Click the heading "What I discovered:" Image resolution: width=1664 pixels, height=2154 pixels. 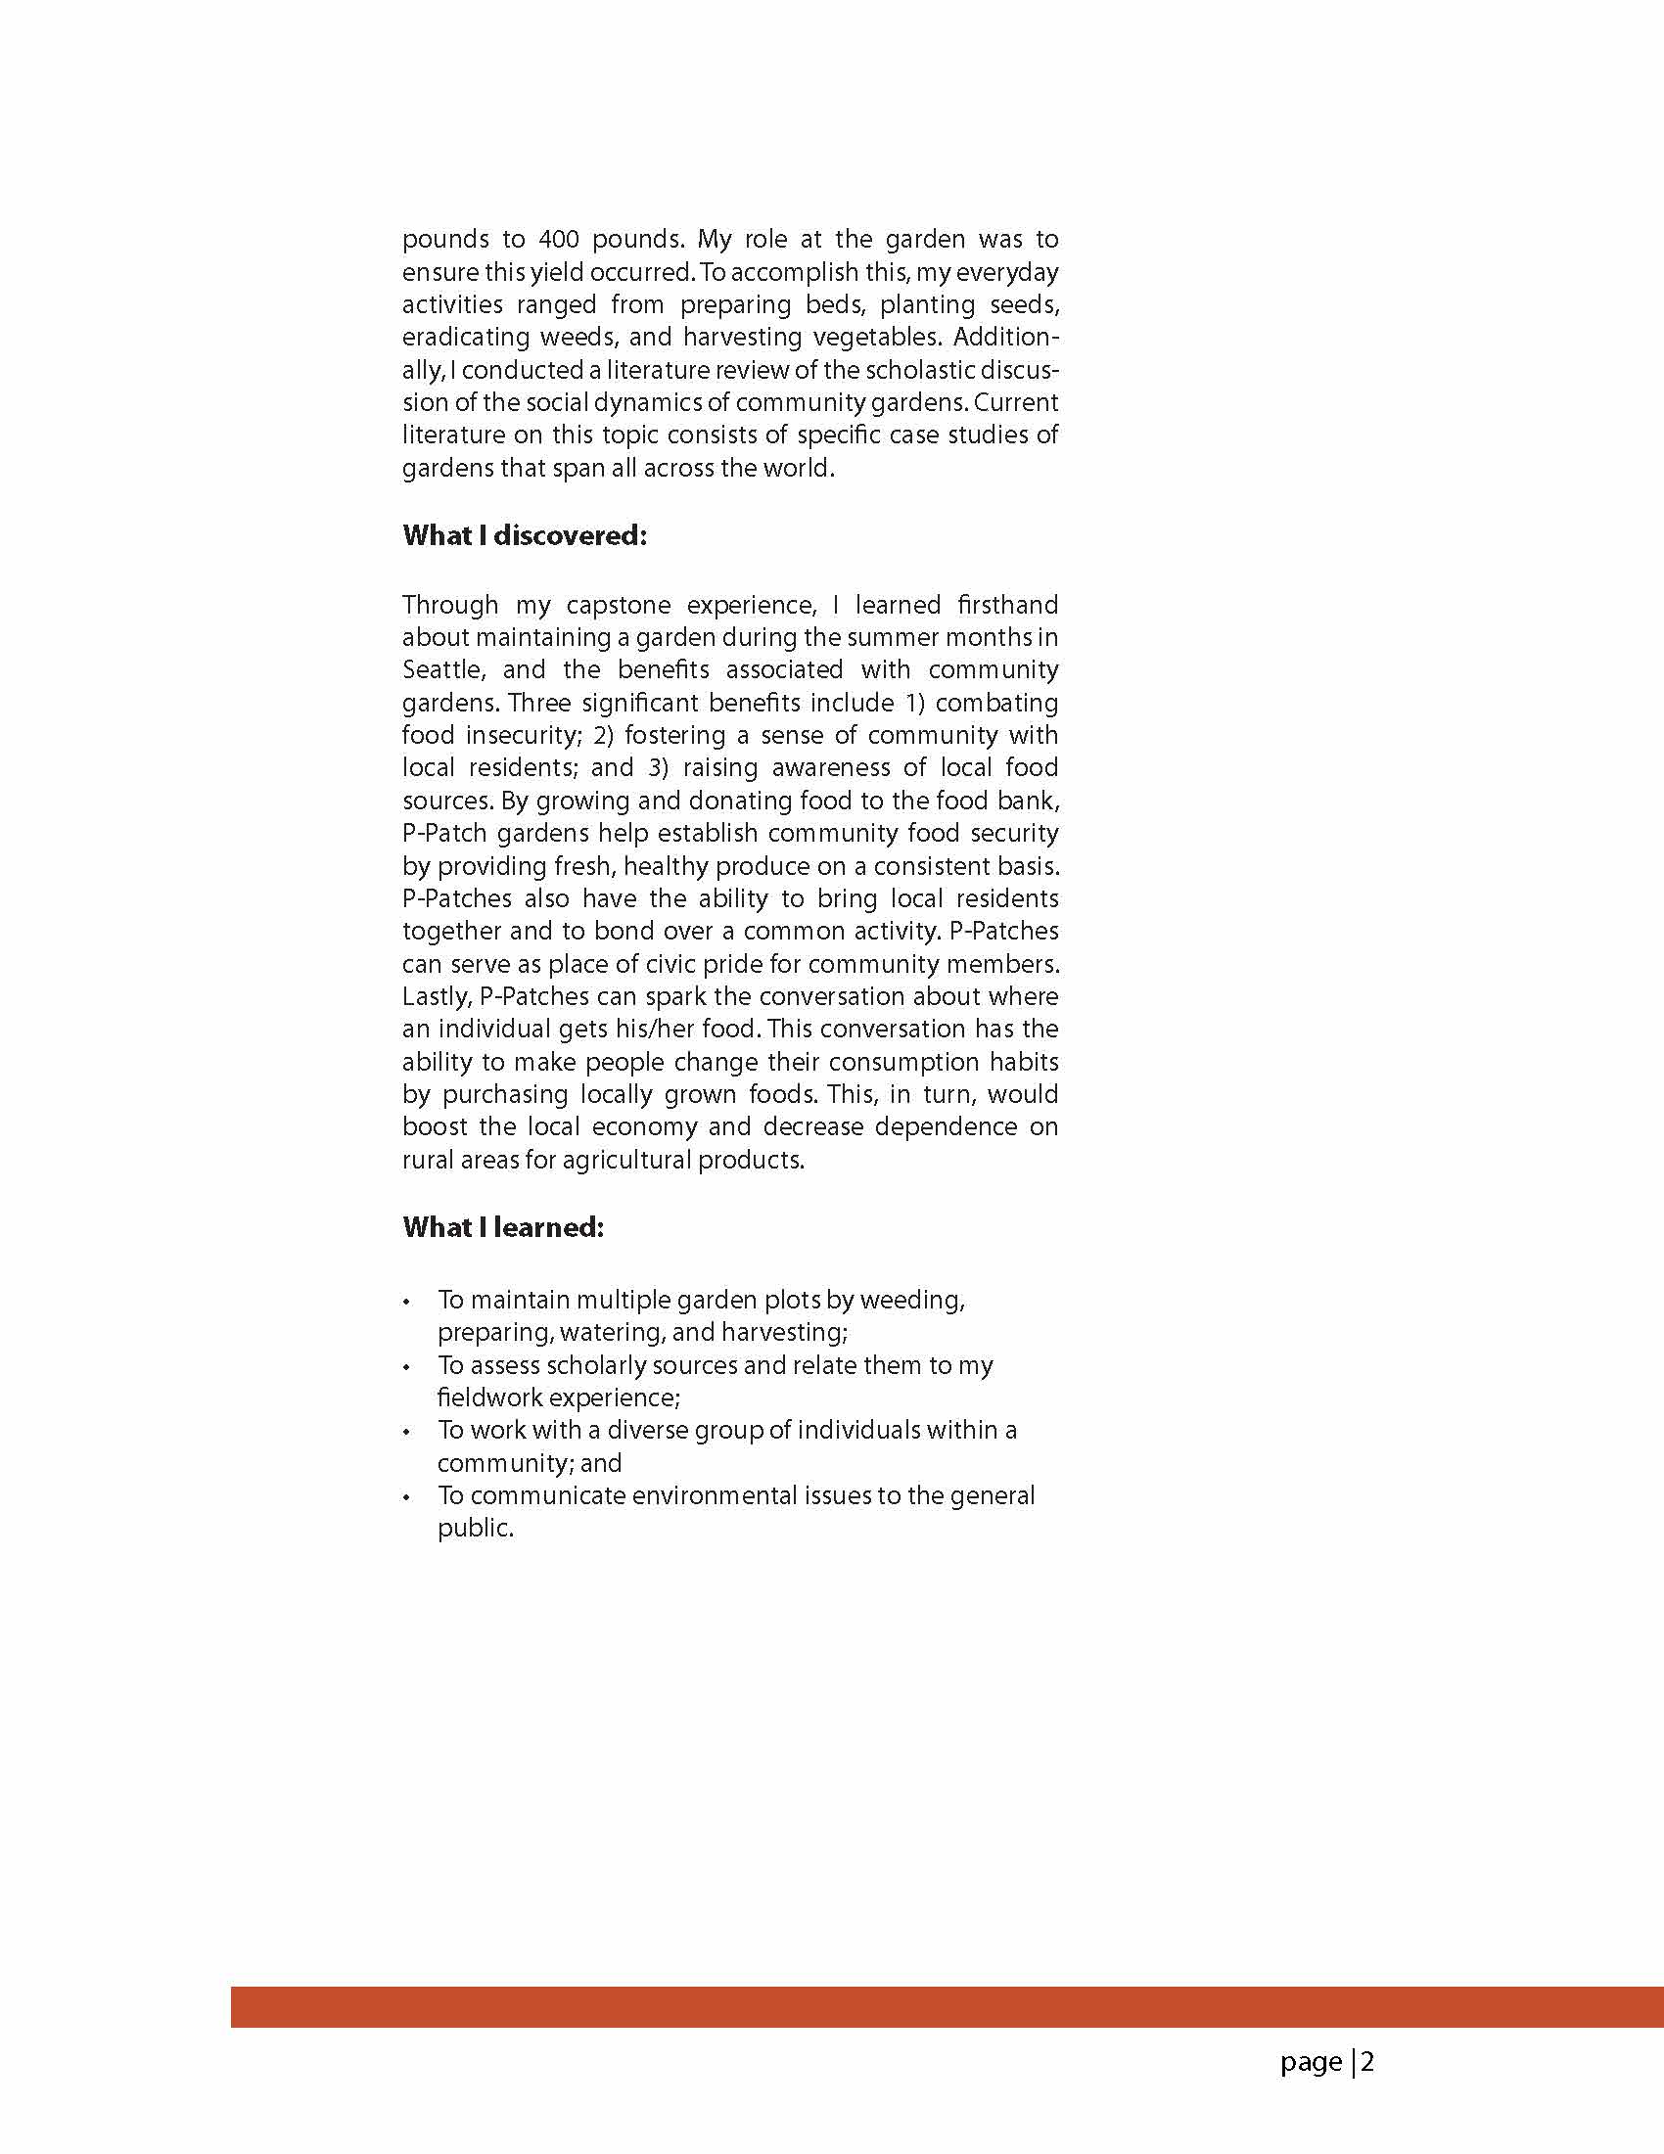pyautogui.click(x=524, y=535)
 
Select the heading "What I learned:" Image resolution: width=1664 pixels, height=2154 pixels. pyautogui.click(x=502, y=1227)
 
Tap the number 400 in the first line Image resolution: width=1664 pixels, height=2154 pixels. pyautogui.click(x=558, y=239)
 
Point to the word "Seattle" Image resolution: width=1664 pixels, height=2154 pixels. pyautogui.click(x=442, y=669)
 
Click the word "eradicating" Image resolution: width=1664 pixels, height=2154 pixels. pyautogui.click(x=463, y=338)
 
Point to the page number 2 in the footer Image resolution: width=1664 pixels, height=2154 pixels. pyautogui.click(x=1367, y=2062)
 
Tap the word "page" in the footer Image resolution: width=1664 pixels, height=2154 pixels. pyautogui.click(x=1310, y=2063)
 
